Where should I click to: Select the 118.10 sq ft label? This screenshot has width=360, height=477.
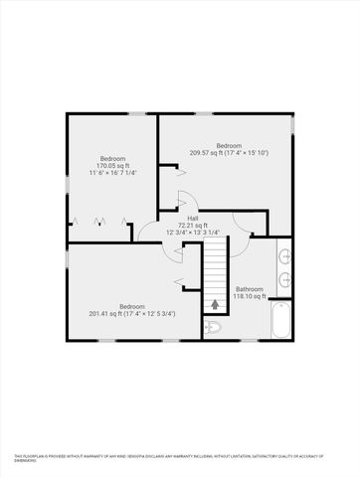249,295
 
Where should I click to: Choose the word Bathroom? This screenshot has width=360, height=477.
249,288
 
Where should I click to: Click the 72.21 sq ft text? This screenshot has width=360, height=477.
193,226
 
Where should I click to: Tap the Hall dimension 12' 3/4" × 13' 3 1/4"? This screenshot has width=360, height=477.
193,233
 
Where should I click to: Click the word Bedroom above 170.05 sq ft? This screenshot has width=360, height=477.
110,158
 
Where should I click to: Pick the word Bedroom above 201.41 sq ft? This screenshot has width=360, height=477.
133,306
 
